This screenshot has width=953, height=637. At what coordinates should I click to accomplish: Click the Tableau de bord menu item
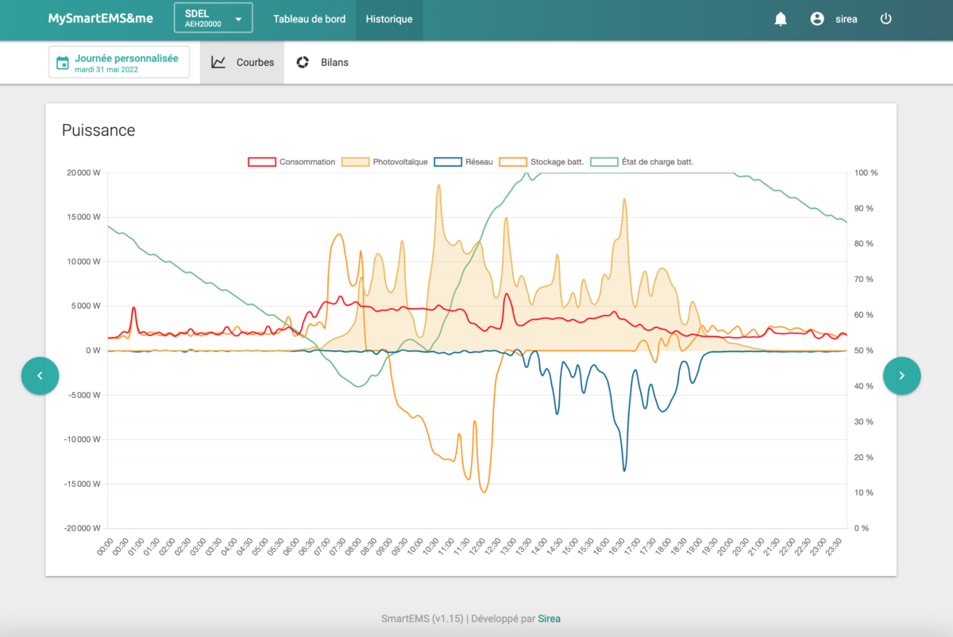pyautogui.click(x=309, y=19)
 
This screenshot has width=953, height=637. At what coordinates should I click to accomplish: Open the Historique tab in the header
pyautogui.click(x=389, y=19)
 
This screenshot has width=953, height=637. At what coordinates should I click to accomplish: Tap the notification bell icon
pyautogui.click(x=780, y=19)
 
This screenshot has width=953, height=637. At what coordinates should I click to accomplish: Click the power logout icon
pyautogui.click(x=885, y=19)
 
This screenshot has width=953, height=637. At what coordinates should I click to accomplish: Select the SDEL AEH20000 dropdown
pyautogui.click(x=213, y=18)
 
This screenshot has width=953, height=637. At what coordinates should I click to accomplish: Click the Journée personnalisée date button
pyautogui.click(x=119, y=63)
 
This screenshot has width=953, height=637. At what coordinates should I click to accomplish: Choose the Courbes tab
pyautogui.click(x=242, y=63)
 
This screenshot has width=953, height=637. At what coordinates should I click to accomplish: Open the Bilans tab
pyautogui.click(x=322, y=63)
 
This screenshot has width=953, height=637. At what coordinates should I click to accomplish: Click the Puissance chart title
pyautogui.click(x=98, y=130)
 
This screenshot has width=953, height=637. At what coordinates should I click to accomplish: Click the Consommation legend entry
pyautogui.click(x=291, y=162)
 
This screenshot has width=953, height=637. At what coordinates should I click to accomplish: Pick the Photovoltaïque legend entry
pyautogui.click(x=384, y=162)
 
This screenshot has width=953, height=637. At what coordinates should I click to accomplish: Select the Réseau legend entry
pyautogui.click(x=463, y=162)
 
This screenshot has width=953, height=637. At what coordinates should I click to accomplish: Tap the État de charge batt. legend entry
pyautogui.click(x=642, y=162)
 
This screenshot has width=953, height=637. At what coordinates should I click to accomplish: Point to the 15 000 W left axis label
pyautogui.click(x=83, y=217)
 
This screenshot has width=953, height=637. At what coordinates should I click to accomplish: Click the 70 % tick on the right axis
pyautogui.click(x=864, y=279)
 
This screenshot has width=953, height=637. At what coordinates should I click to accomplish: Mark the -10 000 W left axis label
pyautogui.click(x=82, y=439)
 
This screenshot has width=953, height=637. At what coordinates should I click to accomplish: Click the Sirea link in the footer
pyautogui.click(x=549, y=619)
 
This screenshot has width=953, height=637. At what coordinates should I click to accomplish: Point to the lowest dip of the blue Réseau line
pyautogui.click(x=624, y=471)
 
